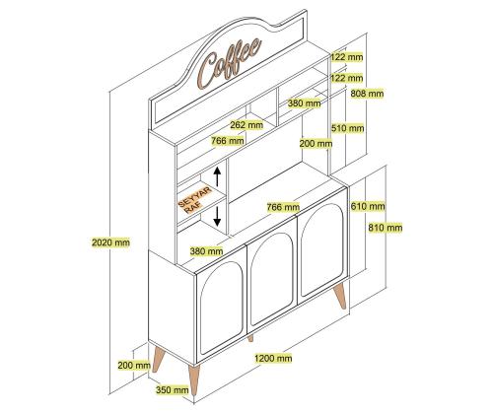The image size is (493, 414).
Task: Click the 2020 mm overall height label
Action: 110,242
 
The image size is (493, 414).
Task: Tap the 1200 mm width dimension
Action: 273,358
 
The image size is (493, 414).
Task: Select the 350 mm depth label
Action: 173,390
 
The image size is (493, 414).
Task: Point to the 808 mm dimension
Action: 367,94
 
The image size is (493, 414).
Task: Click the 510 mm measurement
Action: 348,128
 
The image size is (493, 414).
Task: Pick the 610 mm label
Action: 368,206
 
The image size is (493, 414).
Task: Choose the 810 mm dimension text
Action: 386,228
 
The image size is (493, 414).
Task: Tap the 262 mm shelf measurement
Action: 246,125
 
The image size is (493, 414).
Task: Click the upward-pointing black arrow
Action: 217,176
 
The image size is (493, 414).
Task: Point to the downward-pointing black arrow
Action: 217,216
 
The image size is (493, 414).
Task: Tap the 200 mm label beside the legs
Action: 134,365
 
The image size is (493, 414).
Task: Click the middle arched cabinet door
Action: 272,279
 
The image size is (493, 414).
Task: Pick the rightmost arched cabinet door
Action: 322,250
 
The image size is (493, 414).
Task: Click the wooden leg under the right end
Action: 340,296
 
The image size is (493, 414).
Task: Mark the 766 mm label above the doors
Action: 283,207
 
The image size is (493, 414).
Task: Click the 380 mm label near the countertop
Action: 206,251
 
